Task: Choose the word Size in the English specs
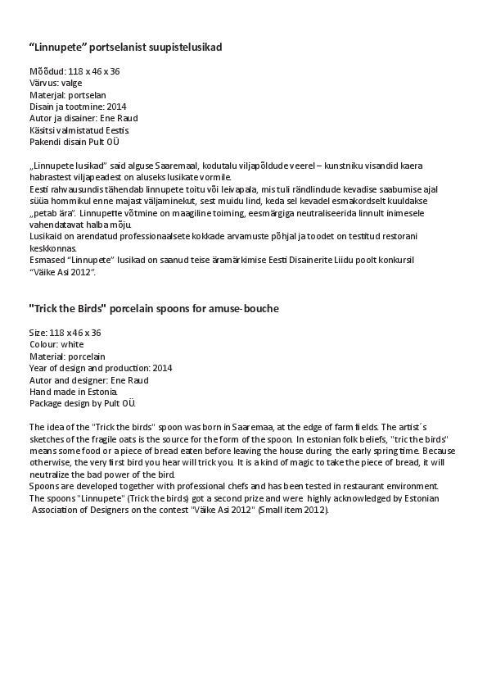[x=38, y=333]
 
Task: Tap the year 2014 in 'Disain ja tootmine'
[x=117, y=107]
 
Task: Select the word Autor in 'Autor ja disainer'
[x=40, y=118]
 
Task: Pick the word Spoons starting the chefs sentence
[x=44, y=486]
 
